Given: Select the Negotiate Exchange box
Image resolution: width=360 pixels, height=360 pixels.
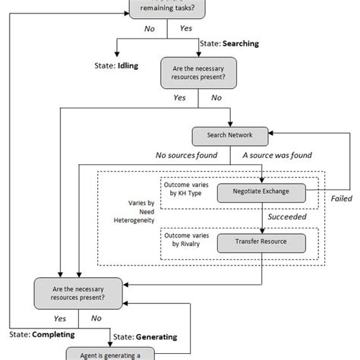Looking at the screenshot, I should [x=261, y=192].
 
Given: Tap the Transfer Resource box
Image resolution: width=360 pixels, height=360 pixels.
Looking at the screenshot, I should [x=261, y=243].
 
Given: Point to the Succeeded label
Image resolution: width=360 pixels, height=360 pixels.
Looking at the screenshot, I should [x=288, y=216].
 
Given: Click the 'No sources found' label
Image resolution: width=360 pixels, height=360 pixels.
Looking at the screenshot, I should [x=186, y=156].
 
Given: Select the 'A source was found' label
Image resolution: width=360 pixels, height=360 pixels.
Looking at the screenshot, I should [x=276, y=156].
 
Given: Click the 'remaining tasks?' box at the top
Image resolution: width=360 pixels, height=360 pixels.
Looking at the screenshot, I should [x=166, y=8].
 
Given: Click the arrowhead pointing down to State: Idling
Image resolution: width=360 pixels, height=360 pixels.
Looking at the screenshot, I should [x=116, y=53].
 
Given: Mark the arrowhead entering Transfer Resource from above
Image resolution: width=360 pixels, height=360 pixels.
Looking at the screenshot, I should [x=261, y=230].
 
